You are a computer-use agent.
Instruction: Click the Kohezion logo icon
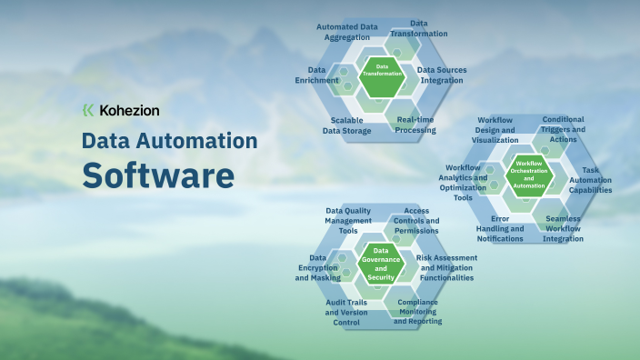pos(88,110)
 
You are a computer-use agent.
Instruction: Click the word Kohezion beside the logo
pos(128,110)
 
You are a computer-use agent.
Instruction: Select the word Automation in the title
pos(198,141)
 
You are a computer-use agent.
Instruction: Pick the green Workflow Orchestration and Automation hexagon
pos(529,174)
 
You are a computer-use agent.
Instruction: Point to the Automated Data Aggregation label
pos(346,32)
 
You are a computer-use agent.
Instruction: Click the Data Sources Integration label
pos(441,75)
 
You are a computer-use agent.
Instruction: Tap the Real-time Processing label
pos(415,125)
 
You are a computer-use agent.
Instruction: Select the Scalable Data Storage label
pos(346,125)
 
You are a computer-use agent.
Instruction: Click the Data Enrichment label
pos(316,75)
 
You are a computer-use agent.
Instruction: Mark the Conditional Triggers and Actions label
pos(563,129)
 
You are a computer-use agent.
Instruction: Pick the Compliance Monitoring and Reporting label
pos(418,311)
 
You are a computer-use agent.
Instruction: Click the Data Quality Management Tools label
pos(348,220)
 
